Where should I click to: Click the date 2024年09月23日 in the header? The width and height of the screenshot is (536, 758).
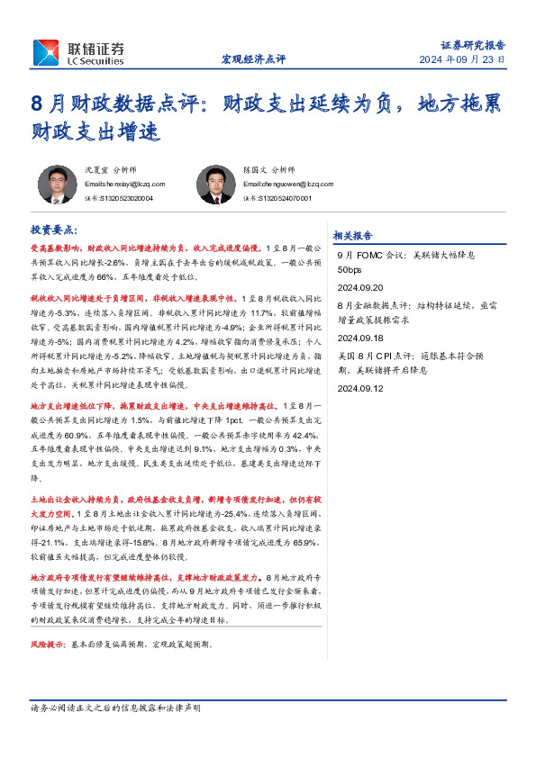coord(461,59)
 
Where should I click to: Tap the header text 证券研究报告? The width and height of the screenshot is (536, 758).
coord(472,44)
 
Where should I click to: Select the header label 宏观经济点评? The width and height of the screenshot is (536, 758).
coord(253,59)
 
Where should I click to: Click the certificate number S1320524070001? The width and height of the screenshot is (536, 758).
coord(277,198)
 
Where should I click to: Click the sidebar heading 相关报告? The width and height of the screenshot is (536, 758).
coord(352,236)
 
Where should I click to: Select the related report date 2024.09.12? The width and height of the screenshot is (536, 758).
coord(360,388)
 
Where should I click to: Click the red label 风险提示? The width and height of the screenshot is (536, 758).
coord(50,645)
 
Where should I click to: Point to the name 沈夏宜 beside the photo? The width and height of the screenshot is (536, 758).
coord(97,169)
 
